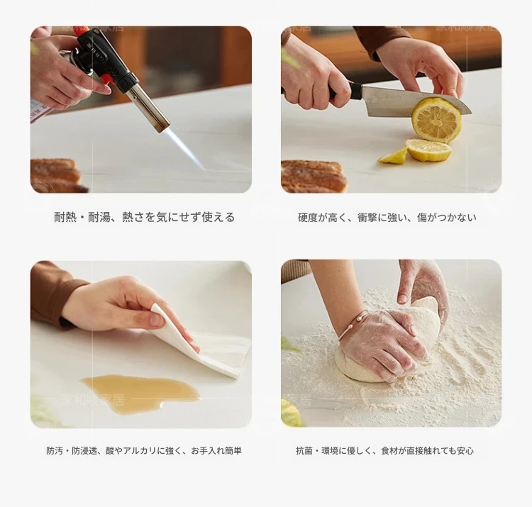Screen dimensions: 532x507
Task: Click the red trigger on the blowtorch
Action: pos(105,80)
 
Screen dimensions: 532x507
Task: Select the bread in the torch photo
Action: pos(57,174)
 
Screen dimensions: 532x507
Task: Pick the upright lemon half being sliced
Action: pos(437,120)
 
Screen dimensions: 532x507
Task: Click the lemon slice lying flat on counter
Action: pos(429,150)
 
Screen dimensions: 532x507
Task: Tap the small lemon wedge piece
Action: pos(394,156)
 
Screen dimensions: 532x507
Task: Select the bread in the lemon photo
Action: pos(313,175)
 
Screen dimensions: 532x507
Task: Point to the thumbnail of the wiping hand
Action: pos(157,320)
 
